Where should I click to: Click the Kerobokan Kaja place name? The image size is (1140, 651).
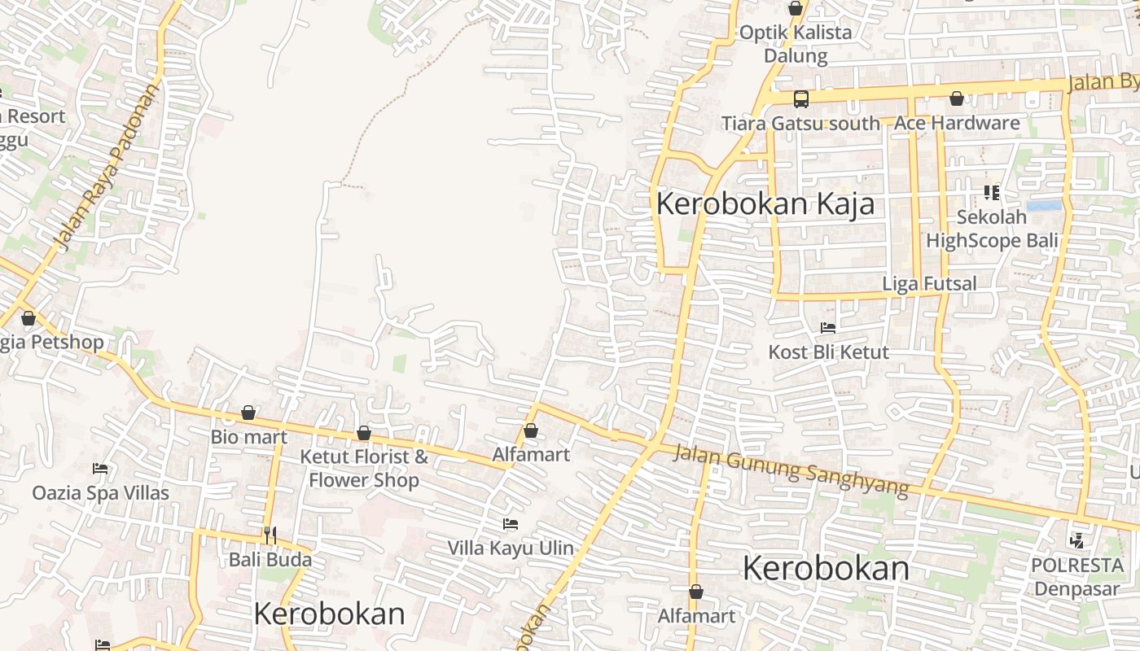[x=765, y=203]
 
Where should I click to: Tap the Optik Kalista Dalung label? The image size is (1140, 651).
[x=796, y=44]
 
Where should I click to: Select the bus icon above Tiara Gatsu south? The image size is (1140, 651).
[x=801, y=99]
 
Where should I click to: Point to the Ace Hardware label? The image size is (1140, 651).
[x=957, y=123]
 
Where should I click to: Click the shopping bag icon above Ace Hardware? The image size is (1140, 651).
[x=957, y=98]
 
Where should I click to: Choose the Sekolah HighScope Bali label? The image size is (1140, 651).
[x=992, y=229]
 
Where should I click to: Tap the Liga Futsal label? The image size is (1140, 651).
[x=929, y=283]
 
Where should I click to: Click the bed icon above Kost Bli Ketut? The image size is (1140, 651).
[x=828, y=328]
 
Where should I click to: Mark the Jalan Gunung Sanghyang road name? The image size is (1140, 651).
[x=790, y=470]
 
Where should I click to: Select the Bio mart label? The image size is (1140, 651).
[x=249, y=437]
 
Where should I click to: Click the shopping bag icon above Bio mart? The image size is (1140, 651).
[x=248, y=413]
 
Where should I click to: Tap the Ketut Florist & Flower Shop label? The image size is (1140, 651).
[x=364, y=468]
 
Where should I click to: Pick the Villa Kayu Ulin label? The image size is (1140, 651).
[x=511, y=548]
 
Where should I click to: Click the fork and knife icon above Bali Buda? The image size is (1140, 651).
[x=270, y=535]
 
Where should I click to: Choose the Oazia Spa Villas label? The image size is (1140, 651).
[x=101, y=492]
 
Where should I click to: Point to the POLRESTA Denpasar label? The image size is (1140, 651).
[x=1076, y=576]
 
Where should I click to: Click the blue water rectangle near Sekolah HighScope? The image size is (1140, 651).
[x=1044, y=206]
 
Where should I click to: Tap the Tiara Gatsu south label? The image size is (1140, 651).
[x=800, y=124]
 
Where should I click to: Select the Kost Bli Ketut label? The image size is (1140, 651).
[x=829, y=352]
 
